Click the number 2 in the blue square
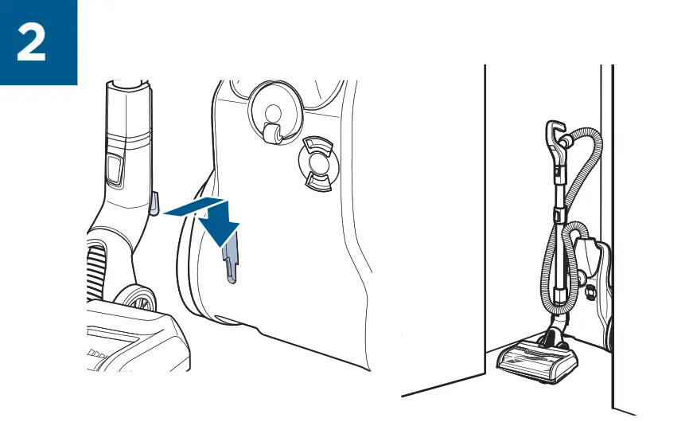(x=31, y=44)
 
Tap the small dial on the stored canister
(x=590, y=293)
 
